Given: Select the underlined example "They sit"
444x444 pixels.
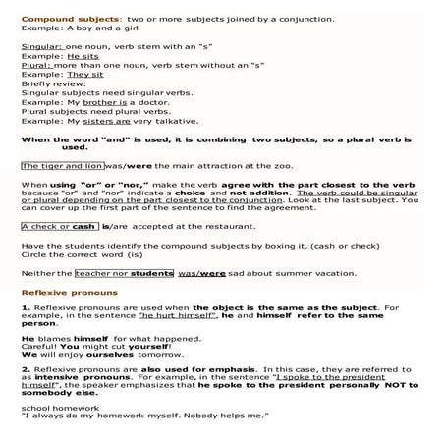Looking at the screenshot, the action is (84, 75).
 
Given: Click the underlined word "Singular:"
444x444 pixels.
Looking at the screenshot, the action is (41, 47).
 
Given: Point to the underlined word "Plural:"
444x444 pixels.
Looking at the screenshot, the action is (37, 66).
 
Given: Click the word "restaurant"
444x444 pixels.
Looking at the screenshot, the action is (228, 225).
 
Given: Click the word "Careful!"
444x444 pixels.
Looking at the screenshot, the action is (37, 348).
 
